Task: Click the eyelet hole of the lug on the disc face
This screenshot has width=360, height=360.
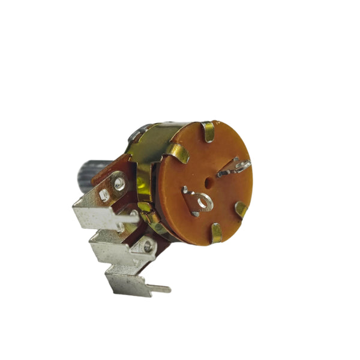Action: pyautogui.click(x=203, y=202)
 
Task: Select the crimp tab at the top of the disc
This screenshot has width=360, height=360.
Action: pyautogui.click(x=208, y=131)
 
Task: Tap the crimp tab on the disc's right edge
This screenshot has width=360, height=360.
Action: pyautogui.click(x=241, y=209)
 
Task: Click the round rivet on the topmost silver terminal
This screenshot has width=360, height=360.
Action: pyautogui.click(x=120, y=182)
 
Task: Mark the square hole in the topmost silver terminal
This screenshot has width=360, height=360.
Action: pyautogui.click(x=104, y=196)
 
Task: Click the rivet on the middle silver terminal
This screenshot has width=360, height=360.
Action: pyautogui.click(x=146, y=245)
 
